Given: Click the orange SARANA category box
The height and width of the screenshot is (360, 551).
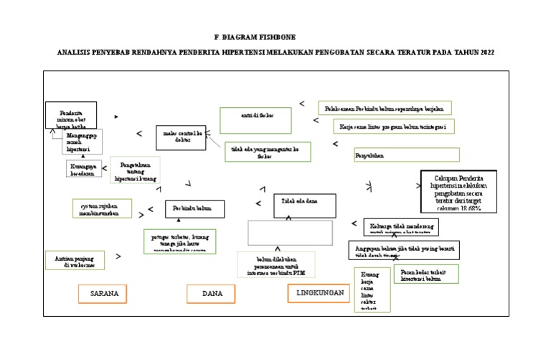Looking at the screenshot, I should point(103,293).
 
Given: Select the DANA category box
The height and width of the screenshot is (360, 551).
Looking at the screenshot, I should point(212,294).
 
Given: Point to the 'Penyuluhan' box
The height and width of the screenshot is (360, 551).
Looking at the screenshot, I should point(406,154).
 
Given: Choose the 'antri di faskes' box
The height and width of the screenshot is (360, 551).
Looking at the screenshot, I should point(256,120).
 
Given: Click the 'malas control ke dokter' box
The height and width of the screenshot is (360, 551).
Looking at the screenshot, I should point(180,137).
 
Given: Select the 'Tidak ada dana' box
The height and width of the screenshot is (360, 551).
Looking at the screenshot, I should point(304,206).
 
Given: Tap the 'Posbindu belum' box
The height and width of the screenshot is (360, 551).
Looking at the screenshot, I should point(194,208).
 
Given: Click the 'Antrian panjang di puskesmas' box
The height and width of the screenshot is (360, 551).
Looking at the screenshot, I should point(75,259).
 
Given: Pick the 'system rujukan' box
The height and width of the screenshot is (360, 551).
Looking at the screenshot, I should point(103,208).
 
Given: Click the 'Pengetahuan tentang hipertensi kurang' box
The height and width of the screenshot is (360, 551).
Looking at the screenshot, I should point(135,171).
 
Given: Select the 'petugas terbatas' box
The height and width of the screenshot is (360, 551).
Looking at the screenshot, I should point(179,241).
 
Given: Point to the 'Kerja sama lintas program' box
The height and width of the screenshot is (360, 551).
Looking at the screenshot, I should point(393,126).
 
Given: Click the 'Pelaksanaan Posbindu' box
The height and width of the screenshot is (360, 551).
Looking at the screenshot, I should point(385,108).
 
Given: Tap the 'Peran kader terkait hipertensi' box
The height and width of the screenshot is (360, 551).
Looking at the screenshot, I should point(426,274).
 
